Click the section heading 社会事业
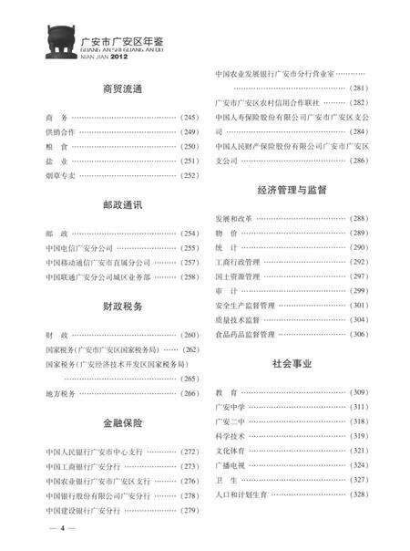292,363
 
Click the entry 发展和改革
234,219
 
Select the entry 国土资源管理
237,276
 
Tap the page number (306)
358,335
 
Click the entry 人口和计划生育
241,494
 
